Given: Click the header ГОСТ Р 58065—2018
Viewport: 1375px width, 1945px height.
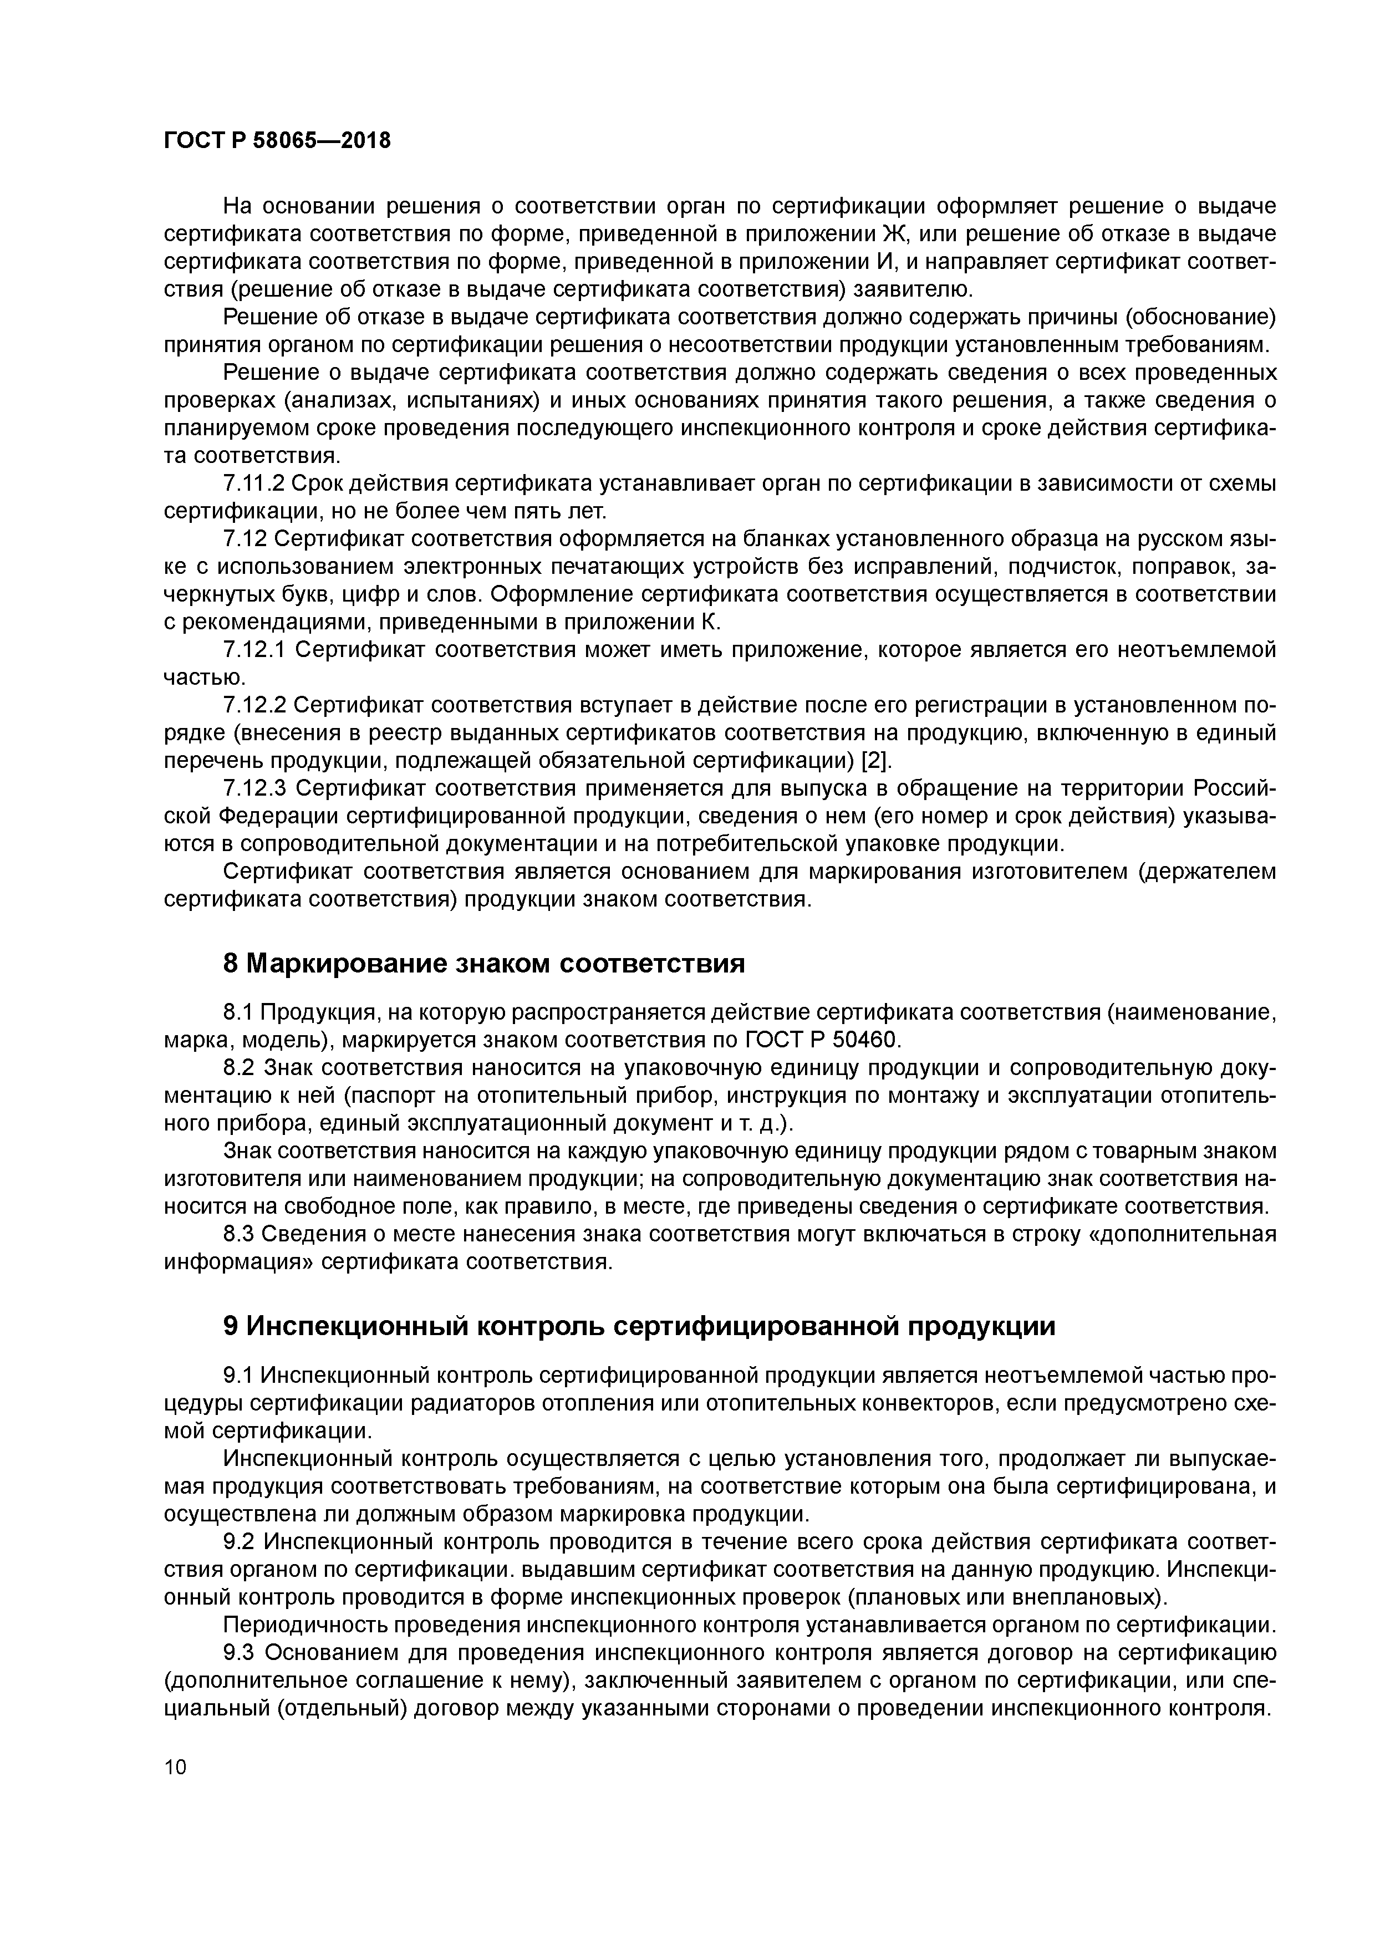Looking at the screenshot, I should tap(278, 141).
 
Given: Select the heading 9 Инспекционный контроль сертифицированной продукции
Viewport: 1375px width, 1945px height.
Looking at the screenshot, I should tap(639, 1326).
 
